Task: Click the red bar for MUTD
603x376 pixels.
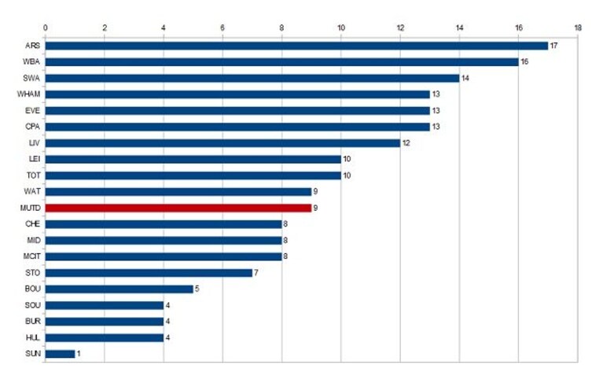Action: (x=178, y=208)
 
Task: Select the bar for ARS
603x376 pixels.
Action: (x=296, y=46)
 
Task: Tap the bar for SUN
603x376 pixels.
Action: (x=60, y=354)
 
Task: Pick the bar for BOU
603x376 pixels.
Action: (x=119, y=289)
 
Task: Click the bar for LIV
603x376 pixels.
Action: (x=222, y=143)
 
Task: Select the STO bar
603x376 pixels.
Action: (x=149, y=273)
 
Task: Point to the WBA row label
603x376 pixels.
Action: (x=31, y=61)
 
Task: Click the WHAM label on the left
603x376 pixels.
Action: (x=28, y=94)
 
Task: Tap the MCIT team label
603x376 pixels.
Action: (x=31, y=256)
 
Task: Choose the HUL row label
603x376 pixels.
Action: (x=33, y=337)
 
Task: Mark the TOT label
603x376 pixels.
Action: (x=34, y=175)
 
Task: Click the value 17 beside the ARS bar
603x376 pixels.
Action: (x=553, y=46)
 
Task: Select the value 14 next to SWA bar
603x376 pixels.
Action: (x=465, y=78)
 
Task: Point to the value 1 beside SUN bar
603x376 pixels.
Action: (x=79, y=353)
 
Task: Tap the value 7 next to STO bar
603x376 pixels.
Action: (x=256, y=272)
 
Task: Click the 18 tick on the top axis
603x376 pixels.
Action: (x=578, y=28)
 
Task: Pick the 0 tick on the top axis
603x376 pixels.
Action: (x=46, y=28)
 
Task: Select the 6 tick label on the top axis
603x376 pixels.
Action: (x=222, y=28)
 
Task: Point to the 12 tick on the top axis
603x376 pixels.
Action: (x=400, y=28)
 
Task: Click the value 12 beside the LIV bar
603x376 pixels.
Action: (x=406, y=143)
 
